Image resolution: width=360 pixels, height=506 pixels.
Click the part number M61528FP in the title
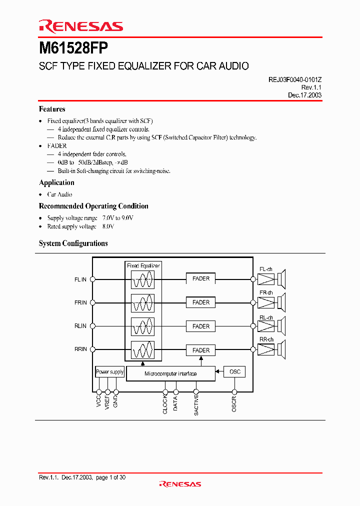[73, 48]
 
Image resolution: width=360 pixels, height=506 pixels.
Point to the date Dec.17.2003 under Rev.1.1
[304, 95]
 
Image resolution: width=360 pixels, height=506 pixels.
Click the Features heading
[52, 109]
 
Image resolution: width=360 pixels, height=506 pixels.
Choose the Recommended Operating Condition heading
[93, 206]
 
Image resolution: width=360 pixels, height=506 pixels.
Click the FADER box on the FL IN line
[201, 278]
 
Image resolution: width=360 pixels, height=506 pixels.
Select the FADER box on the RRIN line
[201, 350]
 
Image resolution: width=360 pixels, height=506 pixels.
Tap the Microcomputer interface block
[170, 373]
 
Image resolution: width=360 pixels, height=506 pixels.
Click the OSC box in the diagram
[234, 371]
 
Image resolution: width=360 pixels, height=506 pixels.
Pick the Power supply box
[109, 372]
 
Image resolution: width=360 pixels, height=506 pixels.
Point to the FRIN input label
[80, 302]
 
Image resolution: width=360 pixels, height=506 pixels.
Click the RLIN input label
[80, 326]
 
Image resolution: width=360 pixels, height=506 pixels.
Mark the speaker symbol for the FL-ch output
[282, 278]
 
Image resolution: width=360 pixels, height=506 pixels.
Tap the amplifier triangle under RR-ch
[266, 349]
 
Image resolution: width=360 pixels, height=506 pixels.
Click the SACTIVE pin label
[196, 405]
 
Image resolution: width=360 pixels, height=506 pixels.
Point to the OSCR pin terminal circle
[234, 392]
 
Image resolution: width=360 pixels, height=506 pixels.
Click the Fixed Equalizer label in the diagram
[143, 266]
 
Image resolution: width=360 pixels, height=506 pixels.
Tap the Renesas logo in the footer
[180, 484]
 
